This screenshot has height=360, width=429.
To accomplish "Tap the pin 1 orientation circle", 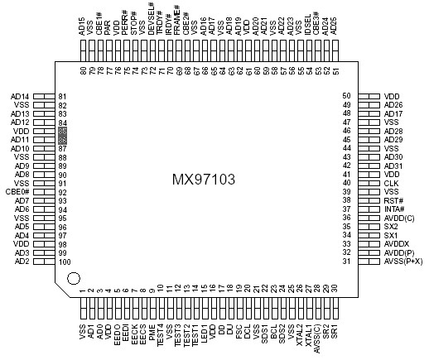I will (x=73, y=278).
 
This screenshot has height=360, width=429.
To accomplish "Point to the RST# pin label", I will (x=393, y=201).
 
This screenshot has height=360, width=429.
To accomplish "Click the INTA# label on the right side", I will (x=394, y=209).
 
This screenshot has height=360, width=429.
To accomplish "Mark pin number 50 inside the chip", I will (x=347, y=97).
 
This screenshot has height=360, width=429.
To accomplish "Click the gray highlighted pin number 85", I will (x=63, y=132).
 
